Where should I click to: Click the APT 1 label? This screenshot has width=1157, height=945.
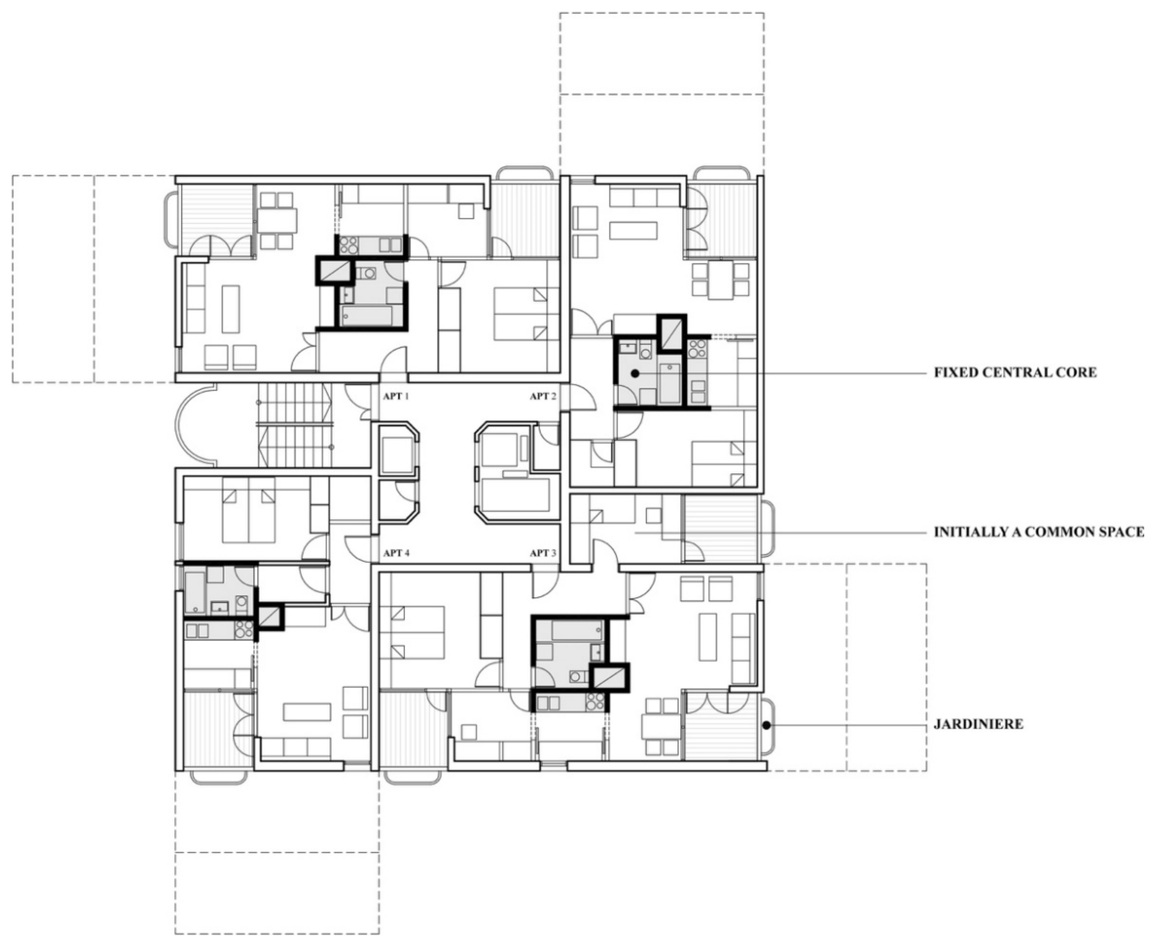[396, 396]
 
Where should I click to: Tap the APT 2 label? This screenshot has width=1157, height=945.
[543, 396]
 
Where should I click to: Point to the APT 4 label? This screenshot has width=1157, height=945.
[396, 553]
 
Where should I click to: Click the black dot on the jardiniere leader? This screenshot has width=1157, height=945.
[766, 725]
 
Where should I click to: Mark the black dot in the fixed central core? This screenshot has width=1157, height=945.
[635, 374]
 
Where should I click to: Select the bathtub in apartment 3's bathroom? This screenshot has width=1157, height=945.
[577, 630]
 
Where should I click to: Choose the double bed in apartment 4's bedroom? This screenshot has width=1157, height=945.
[248, 510]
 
